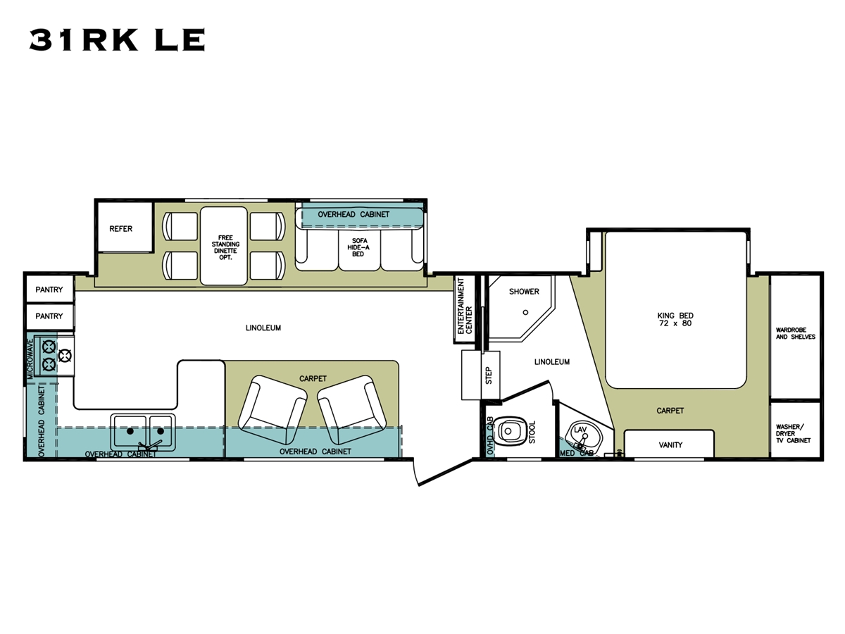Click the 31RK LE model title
tap(117, 39)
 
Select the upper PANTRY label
tap(49, 290)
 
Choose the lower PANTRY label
tap(49, 316)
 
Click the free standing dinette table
tap(224, 246)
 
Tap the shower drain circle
tap(525, 312)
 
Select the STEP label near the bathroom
tap(489, 375)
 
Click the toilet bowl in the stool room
tap(508, 430)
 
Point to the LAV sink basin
tap(582, 437)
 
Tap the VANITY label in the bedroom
tap(670, 445)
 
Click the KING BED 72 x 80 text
tap(675, 320)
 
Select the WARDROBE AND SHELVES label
tap(795, 333)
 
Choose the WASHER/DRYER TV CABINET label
tap(793, 433)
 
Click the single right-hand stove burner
tap(65, 355)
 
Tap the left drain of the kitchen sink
tap(130, 431)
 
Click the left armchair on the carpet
tap(273, 409)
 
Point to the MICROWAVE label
tap(30, 359)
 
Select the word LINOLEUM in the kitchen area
tap(263, 328)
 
